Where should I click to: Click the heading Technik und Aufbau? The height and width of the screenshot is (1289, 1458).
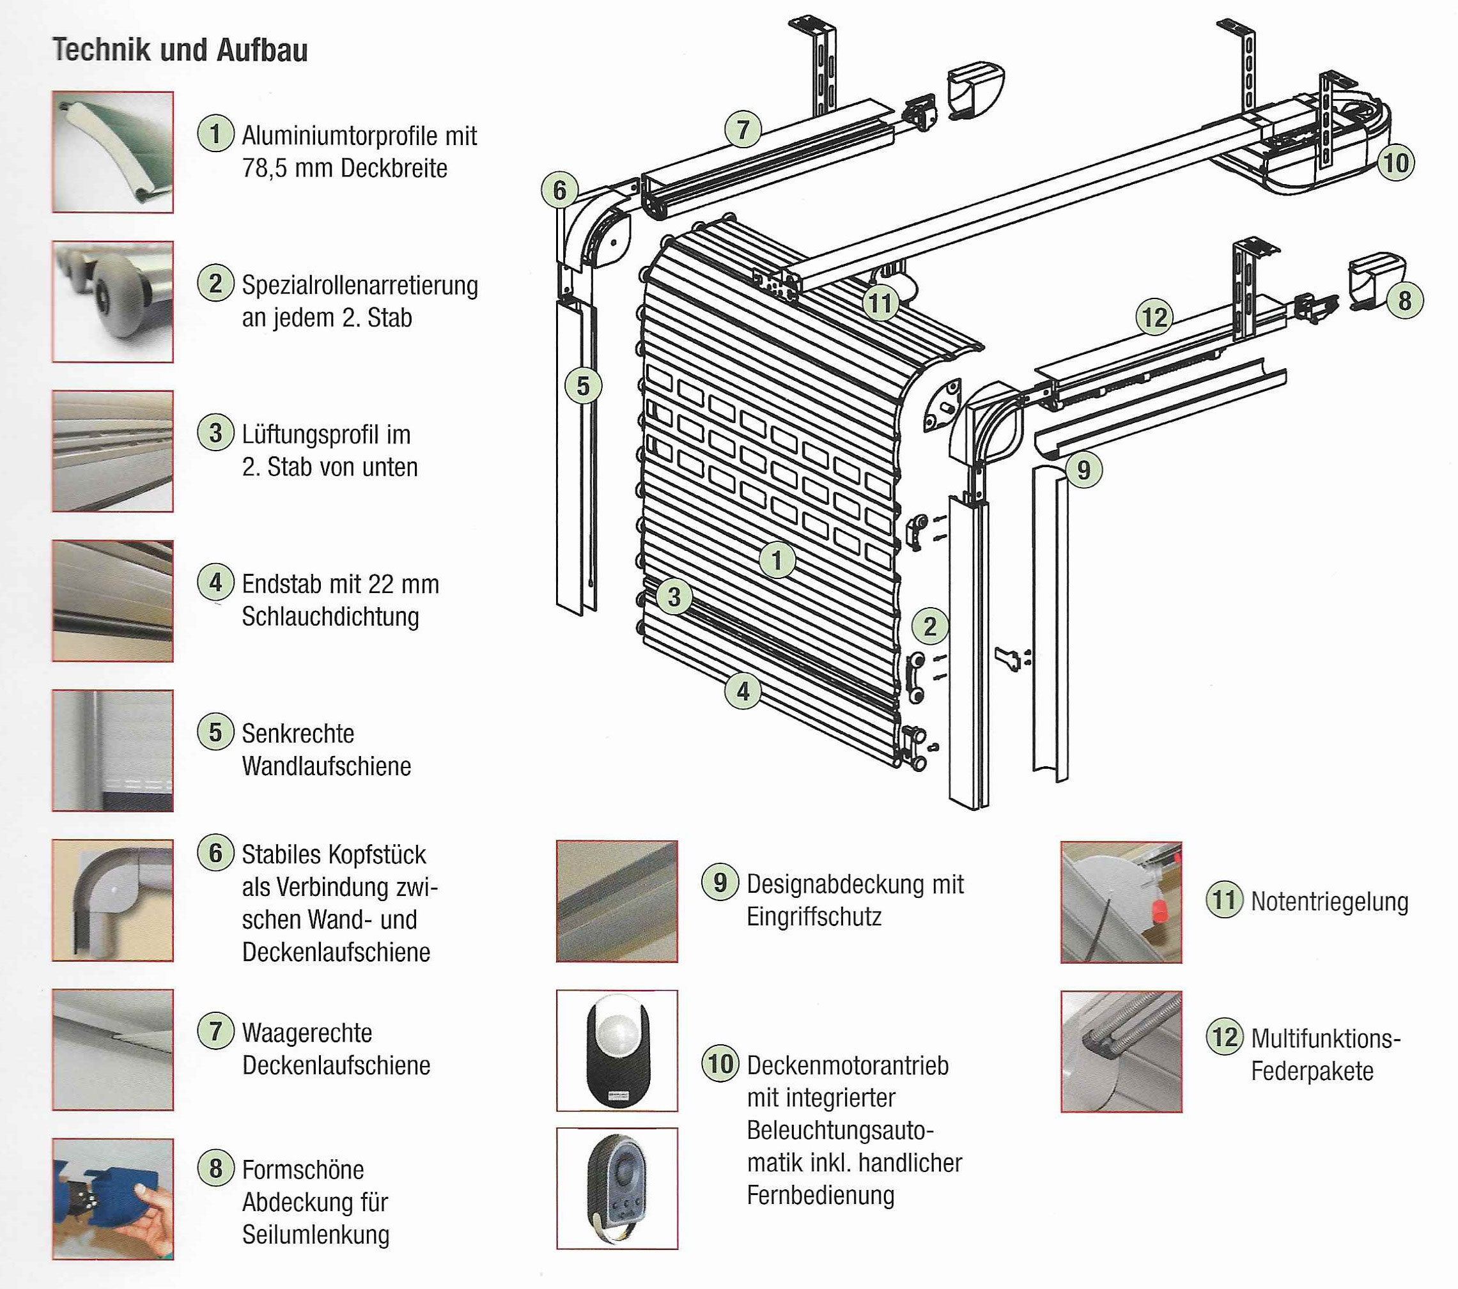[x=180, y=50]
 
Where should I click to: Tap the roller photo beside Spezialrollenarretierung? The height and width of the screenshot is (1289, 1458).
[x=112, y=302]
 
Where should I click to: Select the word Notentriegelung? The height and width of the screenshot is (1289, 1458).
[x=1329, y=902]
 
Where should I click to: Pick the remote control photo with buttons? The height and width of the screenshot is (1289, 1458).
[x=617, y=1187]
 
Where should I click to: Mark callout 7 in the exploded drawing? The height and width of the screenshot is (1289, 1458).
[x=743, y=130]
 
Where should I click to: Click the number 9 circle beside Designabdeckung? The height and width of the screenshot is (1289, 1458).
[x=720, y=883]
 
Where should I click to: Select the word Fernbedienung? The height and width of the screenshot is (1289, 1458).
[x=820, y=1195]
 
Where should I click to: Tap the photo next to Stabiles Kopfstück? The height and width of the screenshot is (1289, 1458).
[x=112, y=900]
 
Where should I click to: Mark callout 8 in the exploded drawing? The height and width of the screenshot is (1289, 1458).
[x=1404, y=300]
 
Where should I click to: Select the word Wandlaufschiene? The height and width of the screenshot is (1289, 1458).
[x=326, y=766]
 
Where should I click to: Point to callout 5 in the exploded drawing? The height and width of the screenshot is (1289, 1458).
[x=583, y=386]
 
